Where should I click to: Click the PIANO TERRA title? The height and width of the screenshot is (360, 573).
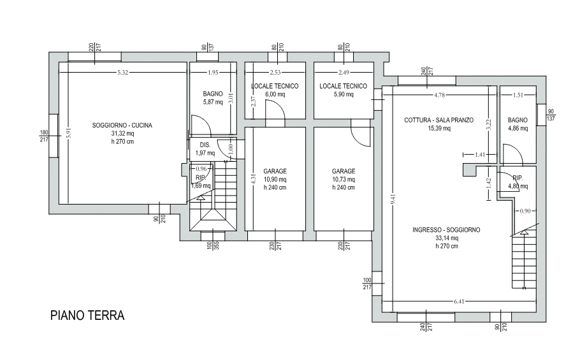click(x=87, y=315)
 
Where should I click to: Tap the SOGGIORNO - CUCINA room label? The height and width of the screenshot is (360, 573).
click(x=122, y=126)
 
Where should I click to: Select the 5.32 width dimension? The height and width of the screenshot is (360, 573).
click(x=123, y=73)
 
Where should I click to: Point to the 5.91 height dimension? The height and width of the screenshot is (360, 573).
click(x=69, y=133)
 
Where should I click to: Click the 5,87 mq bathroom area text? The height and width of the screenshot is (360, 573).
click(x=213, y=103)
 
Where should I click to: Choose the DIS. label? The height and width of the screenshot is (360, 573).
click(x=205, y=145)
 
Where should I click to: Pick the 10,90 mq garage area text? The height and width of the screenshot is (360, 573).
click(x=275, y=180)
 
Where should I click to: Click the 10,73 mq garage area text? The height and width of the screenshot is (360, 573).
click(x=344, y=180)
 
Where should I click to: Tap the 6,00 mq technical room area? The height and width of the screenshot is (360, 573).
click(x=275, y=94)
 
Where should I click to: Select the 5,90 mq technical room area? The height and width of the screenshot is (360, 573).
click(x=344, y=94)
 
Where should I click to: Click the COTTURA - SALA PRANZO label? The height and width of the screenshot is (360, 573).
click(x=439, y=120)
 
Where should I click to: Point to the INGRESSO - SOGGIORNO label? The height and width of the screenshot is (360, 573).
click(x=446, y=230)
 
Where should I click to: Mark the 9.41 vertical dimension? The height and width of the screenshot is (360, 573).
click(x=393, y=199)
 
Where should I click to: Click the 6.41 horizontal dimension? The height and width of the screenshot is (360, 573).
click(x=459, y=301)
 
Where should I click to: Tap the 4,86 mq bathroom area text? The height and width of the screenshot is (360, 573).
click(x=518, y=128)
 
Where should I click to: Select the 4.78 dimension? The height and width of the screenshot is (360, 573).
click(x=439, y=95)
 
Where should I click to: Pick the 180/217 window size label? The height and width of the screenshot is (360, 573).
click(x=44, y=136)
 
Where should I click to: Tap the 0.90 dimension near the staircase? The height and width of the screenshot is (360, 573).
click(x=525, y=211)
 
